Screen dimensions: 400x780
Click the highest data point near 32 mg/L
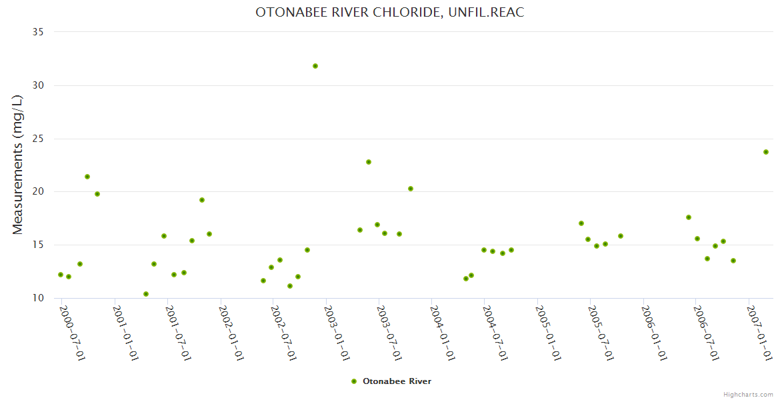click(x=315, y=66)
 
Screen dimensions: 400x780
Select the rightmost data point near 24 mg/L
click(x=766, y=152)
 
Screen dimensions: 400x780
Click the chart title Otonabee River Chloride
click(x=390, y=13)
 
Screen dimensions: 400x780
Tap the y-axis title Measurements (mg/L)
click(x=18, y=165)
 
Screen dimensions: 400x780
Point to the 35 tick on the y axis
click(x=39, y=32)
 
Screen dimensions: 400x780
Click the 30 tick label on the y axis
click(x=39, y=85)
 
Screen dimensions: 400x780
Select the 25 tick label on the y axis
click(x=39, y=139)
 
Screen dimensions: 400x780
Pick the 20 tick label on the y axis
click(x=39, y=192)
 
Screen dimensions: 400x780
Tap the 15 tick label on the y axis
click(x=39, y=245)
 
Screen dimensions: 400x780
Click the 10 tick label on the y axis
click(x=39, y=298)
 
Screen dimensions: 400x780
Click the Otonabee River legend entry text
click(x=397, y=381)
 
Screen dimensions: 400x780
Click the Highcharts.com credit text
click(x=748, y=395)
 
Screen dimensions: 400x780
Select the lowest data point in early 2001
click(x=146, y=294)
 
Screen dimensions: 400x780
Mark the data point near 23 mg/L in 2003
click(x=369, y=162)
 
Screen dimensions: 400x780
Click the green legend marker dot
click(x=354, y=381)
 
